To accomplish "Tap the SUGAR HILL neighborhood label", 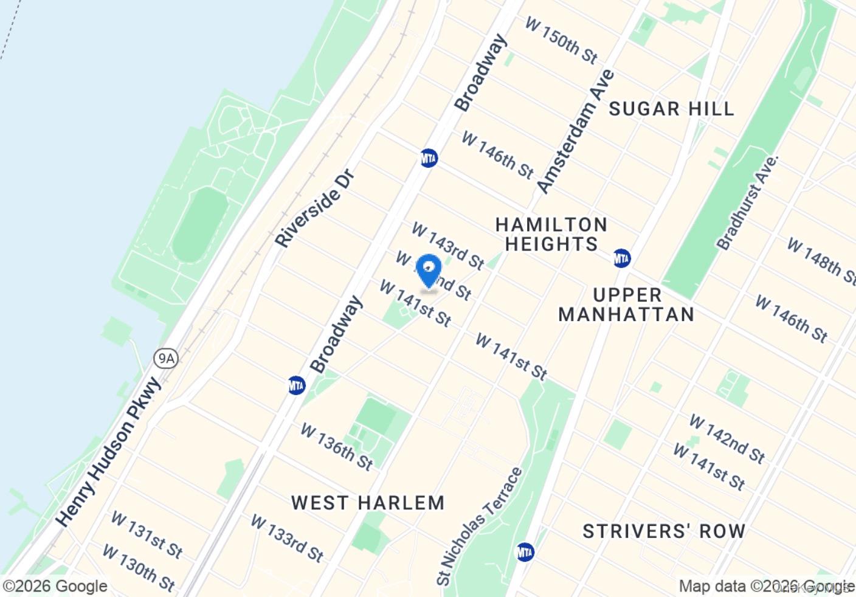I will pyautogui.click(x=671, y=109).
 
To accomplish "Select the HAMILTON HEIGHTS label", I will pyautogui.click(x=551, y=234).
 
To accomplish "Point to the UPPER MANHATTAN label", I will pyautogui.click(x=626, y=305).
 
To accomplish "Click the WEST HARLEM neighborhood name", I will pyautogui.click(x=368, y=503).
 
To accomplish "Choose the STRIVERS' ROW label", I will pyautogui.click(x=664, y=531).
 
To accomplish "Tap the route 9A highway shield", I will pyautogui.click(x=165, y=358).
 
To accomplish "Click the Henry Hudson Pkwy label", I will pyautogui.click(x=109, y=452).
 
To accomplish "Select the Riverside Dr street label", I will pyautogui.click(x=314, y=209).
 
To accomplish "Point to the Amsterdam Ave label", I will pyautogui.click(x=576, y=131).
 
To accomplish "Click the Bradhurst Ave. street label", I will pyautogui.click(x=747, y=203).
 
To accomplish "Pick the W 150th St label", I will pyautogui.click(x=561, y=41).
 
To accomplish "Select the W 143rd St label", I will pyautogui.click(x=448, y=246).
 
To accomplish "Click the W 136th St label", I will pyautogui.click(x=337, y=447).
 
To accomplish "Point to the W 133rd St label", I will pyautogui.click(x=287, y=538).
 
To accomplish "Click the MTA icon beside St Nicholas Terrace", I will pyautogui.click(x=525, y=552).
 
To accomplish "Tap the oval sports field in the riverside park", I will pyautogui.click(x=199, y=225).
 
